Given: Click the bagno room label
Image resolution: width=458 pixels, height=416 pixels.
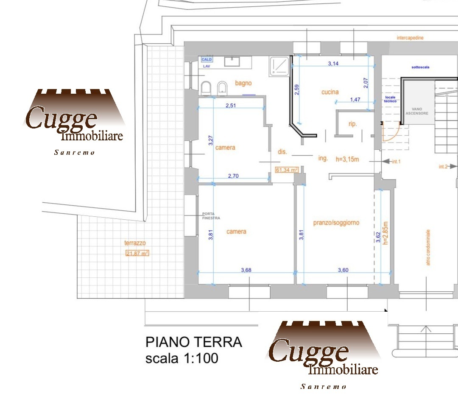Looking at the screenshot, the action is pyautogui.click(x=243, y=83).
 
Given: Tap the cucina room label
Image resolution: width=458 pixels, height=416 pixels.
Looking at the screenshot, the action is pyautogui.click(x=330, y=92).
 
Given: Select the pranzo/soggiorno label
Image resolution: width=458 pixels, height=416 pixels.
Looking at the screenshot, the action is pyautogui.click(x=336, y=223).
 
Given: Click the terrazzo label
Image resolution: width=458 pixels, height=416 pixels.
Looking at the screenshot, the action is pyautogui.click(x=135, y=243).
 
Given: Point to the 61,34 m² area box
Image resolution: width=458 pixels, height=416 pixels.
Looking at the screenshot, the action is pyautogui.click(x=287, y=170).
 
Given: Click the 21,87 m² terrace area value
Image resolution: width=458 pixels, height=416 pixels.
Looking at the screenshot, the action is pyautogui.click(x=137, y=253).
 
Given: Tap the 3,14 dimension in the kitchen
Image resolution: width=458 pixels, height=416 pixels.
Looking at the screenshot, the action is pyautogui.click(x=333, y=64).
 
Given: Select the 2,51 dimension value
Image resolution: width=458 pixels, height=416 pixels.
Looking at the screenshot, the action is pyautogui.click(x=231, y=106).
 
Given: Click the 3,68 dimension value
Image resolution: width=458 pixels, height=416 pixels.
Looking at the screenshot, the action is pyautogui.click(x=246, y=270).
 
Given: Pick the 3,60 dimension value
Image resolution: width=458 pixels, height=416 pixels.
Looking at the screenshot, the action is pyautogui.click(x=343, y=270).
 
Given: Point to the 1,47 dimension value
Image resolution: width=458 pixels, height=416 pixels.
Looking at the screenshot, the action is pyautogui.click(x=355, y=100).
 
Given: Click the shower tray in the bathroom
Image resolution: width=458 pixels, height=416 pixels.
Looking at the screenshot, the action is pyautogui.click(x=279, y=66).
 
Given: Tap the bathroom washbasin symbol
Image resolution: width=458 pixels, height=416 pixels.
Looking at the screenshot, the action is pyautogui.click(x=232, y=61).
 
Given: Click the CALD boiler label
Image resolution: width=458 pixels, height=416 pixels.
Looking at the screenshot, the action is pyautogui.click(x=207, y=59).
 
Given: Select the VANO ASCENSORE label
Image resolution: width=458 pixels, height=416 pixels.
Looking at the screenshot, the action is pyautogui.click(x=417, y=111).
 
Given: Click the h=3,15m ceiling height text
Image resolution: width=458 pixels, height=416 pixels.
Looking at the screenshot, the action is pyautogui.click(x=347, y=159).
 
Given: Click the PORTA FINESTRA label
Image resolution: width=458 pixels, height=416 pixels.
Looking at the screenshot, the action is pyautogui.click(x=211, y=216).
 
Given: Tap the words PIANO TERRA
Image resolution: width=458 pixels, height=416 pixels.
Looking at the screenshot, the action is pyautogui.click(x=194, y=342).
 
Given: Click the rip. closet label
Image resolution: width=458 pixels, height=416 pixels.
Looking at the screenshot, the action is pyautogui.click(x=352, y=124).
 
